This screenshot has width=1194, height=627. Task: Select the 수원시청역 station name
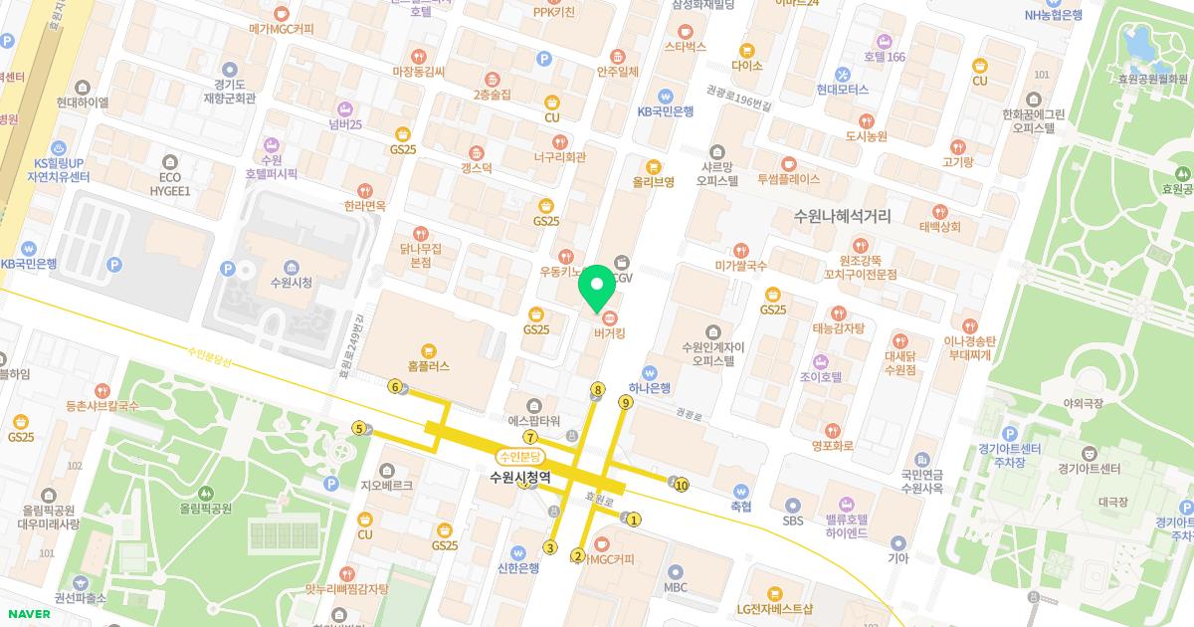520,478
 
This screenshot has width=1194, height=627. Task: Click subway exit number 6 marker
395,387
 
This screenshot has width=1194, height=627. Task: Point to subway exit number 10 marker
682,486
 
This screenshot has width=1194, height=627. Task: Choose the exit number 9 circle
625,402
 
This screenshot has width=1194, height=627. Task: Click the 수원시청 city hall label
291,283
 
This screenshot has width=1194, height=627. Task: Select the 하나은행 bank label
650,388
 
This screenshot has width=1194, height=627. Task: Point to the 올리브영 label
654,182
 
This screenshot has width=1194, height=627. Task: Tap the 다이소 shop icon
746,50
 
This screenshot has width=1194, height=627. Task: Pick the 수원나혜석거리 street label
843,215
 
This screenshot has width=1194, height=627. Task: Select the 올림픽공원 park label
205,508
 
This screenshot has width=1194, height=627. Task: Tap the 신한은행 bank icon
517,552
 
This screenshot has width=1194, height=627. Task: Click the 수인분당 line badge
522,456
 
